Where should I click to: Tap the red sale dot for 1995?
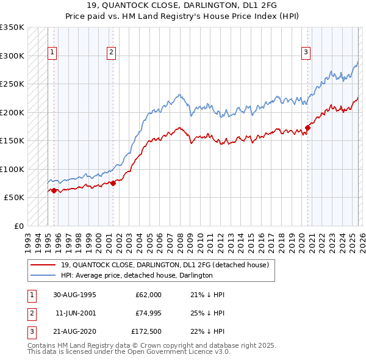point(54,191)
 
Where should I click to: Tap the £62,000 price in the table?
point(148,295)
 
